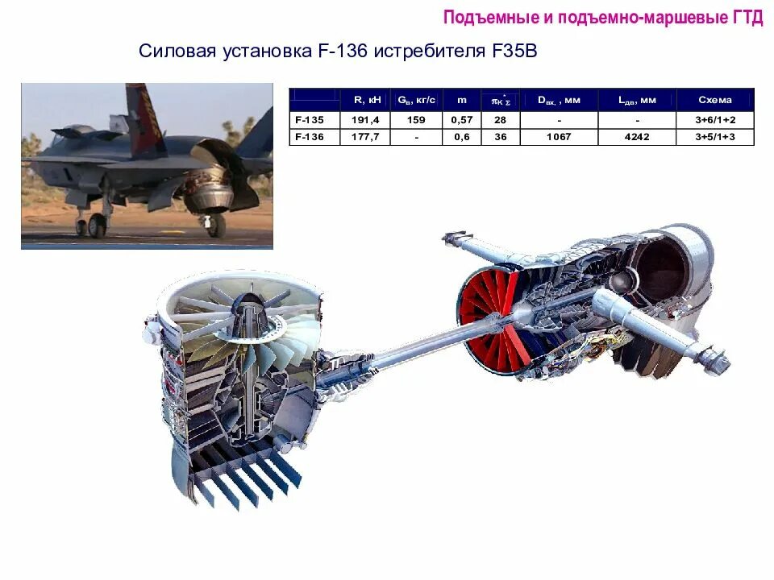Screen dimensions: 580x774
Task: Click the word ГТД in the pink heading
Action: (747, 18)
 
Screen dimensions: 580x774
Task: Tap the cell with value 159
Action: (416, 119)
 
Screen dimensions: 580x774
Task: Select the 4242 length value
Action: (637, 137)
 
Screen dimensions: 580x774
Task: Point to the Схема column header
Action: (715, 100)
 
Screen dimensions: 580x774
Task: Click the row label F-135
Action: (309, 119)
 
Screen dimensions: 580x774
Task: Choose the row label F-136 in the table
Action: (309, 137)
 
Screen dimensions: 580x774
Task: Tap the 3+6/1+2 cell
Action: (715, 119)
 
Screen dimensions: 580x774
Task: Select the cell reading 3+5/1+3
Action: (715, 137)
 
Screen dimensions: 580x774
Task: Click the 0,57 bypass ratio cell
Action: (461, 119)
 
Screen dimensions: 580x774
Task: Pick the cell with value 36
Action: (500, 137)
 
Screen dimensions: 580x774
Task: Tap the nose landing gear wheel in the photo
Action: (97, 226)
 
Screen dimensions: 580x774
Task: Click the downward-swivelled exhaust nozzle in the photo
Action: (211, 201)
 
